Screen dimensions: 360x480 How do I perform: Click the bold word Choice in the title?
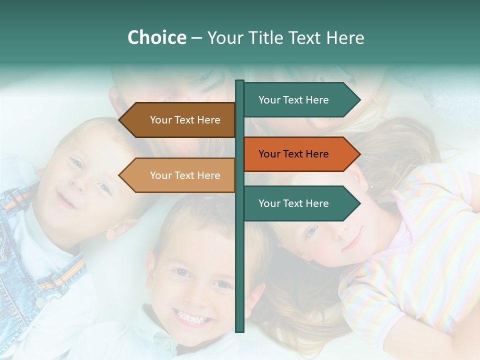point(156,37)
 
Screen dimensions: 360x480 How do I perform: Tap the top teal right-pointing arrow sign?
point(300,100)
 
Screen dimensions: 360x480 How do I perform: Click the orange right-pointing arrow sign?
point(300,154)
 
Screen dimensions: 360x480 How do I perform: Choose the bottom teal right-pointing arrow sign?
point(300,203)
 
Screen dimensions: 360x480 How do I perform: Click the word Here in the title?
point(345,37)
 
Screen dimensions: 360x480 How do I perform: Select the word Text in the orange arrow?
point(294,154)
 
